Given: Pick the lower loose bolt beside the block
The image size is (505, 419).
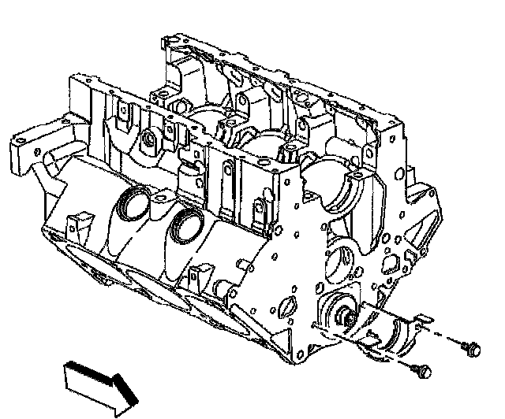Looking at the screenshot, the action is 424,368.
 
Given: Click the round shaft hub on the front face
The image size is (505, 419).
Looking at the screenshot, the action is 345,317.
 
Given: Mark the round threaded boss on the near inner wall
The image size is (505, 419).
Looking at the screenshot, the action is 151,142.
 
